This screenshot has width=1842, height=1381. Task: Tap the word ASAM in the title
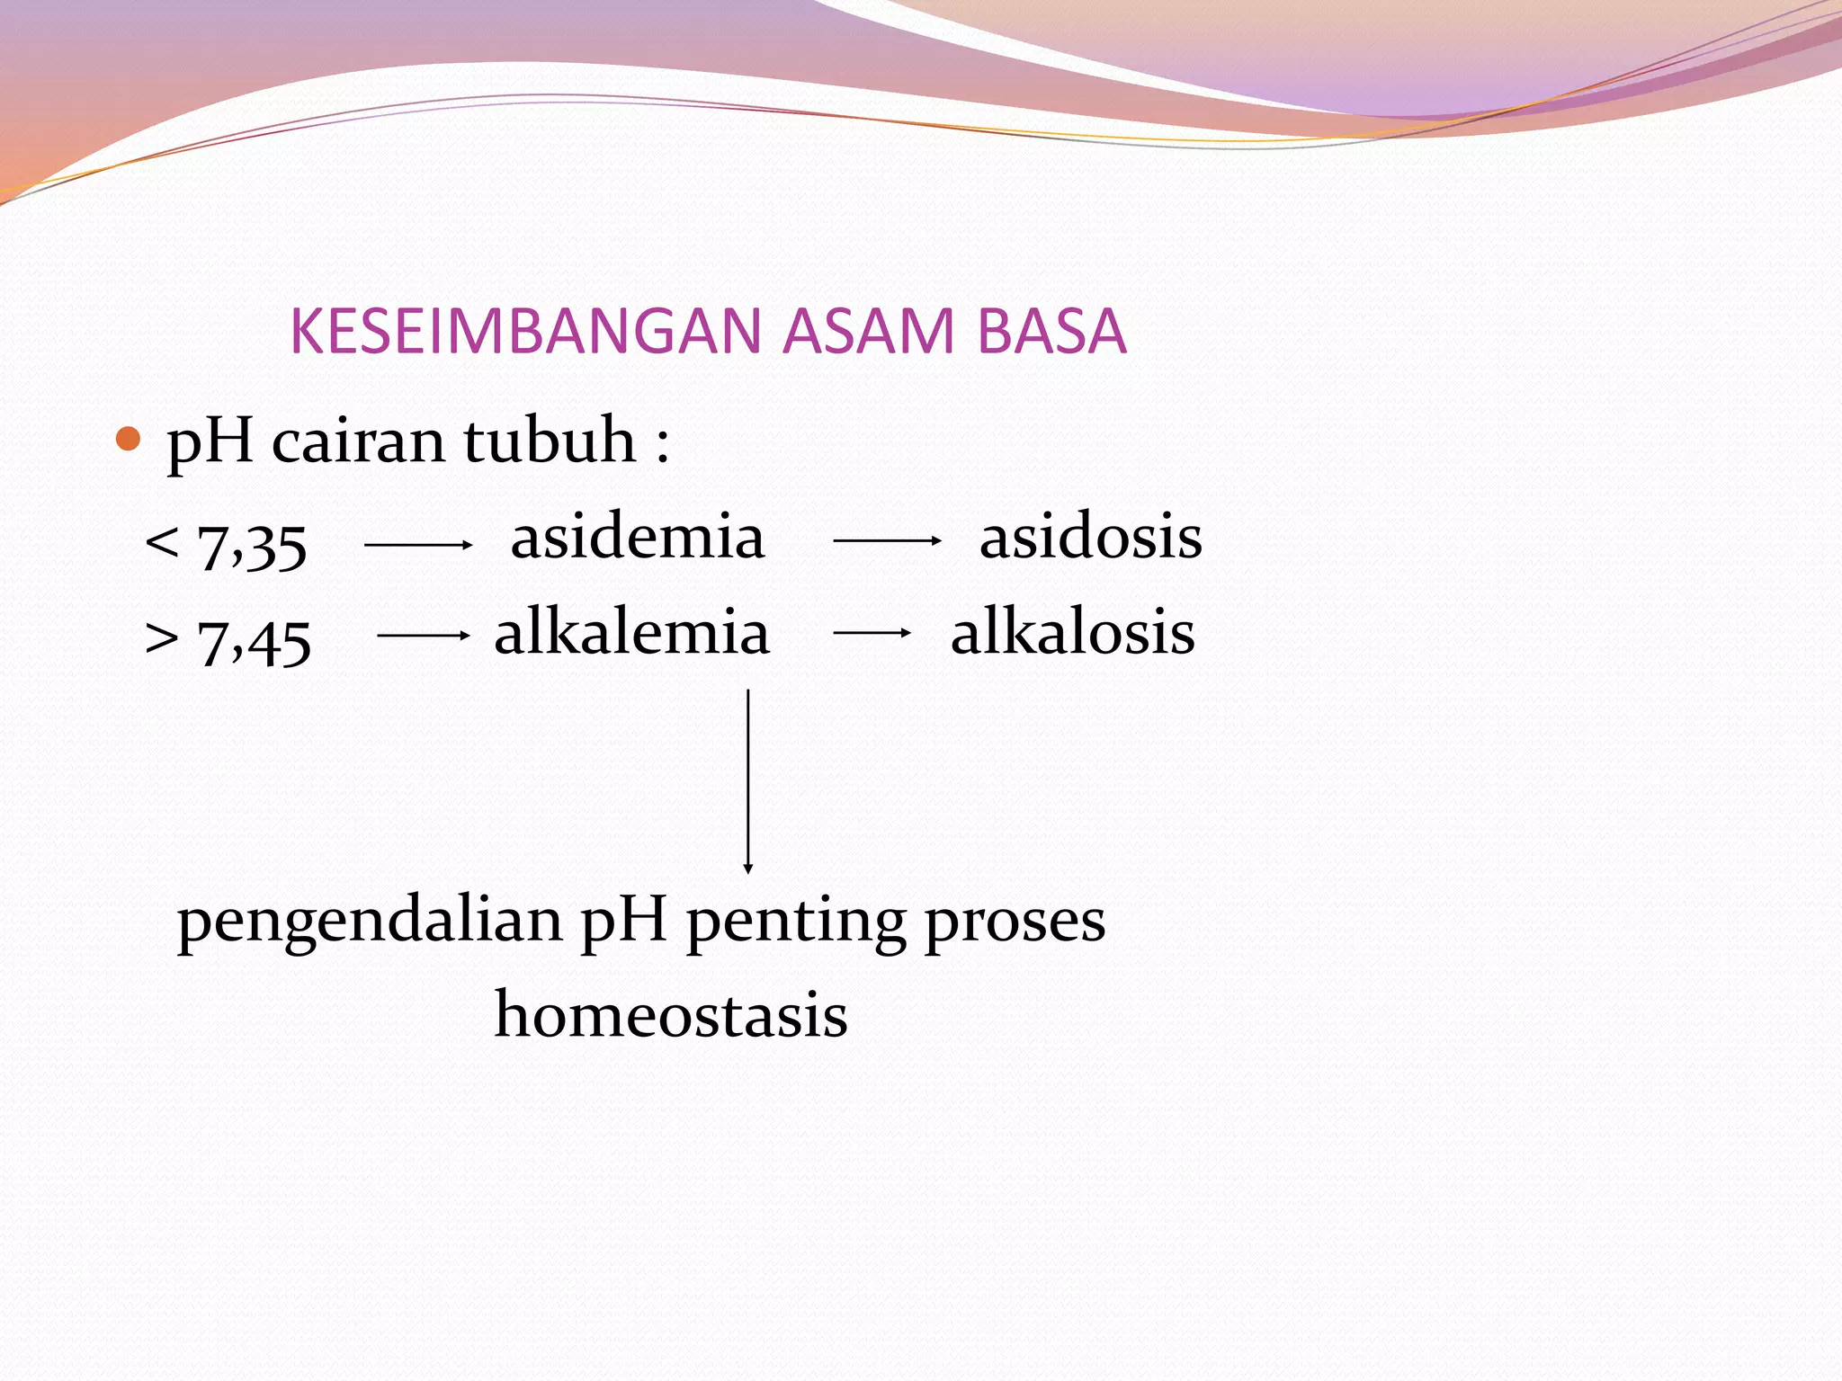[x=868, y=331]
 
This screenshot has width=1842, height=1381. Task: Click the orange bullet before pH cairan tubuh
[x=130, y=440]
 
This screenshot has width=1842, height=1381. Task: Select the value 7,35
[x=252, y=545]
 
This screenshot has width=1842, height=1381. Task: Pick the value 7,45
[x=254, y=641]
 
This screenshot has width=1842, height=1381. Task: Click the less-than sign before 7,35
[x=162, y=542]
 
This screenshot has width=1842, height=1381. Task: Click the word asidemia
[x=637, y=537]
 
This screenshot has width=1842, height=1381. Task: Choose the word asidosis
[x=1090, y=537]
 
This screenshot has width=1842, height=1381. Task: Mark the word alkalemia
[x=631, y=632]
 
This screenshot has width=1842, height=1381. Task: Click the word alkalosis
[x=1072, y=632]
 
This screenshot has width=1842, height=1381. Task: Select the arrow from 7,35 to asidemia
[x=418, y=545]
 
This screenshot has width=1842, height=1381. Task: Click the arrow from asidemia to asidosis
[x=887, y=541]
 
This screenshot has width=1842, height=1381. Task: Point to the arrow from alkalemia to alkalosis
[x=872, y=633]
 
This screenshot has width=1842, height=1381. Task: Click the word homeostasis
[x=671, y=1015]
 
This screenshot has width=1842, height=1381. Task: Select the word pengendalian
[x=370, y=922]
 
